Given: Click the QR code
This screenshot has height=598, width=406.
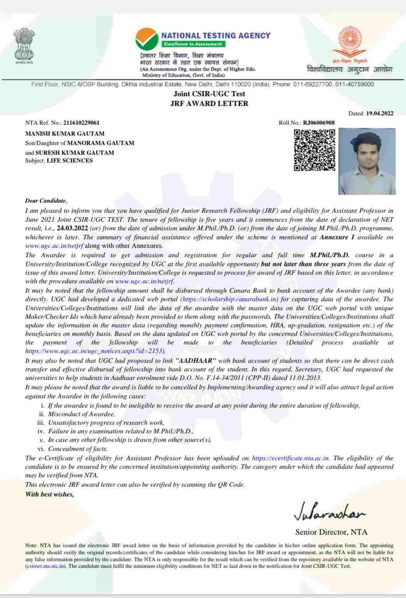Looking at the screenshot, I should click(314, 150).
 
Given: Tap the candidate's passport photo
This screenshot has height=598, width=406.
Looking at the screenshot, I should click(367, 161).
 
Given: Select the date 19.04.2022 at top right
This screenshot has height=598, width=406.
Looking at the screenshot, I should click(380, 114).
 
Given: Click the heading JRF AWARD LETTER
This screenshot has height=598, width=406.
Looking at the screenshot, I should click(209, 104).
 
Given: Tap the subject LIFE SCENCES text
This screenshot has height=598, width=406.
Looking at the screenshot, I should click(70, 161).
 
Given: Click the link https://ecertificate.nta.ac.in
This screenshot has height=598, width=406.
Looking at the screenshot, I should click(291, 458).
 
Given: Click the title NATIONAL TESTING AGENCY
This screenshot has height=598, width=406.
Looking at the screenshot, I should click(216, 35).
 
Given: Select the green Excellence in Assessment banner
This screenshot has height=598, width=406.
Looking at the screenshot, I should click(193, 44).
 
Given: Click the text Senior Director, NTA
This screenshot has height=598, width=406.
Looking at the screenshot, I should click(331, 532).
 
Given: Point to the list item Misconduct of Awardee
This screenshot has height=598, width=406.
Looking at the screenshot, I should click(81, 414).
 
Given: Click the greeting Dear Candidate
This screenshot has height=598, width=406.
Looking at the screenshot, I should click(46, 201).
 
